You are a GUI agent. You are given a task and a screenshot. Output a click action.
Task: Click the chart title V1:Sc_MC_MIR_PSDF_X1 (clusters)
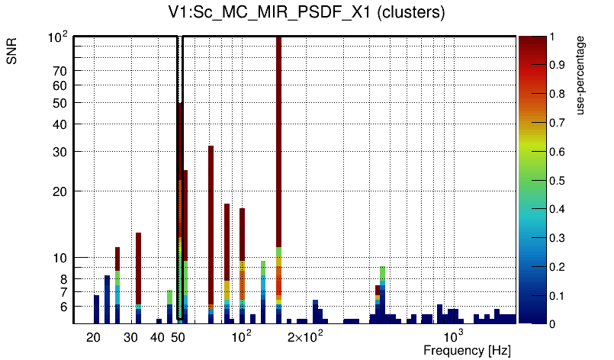click(307, 13)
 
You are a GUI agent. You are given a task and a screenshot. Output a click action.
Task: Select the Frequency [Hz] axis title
click(467, 350)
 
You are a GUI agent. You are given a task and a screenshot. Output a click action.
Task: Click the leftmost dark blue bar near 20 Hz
click(97, 309)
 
